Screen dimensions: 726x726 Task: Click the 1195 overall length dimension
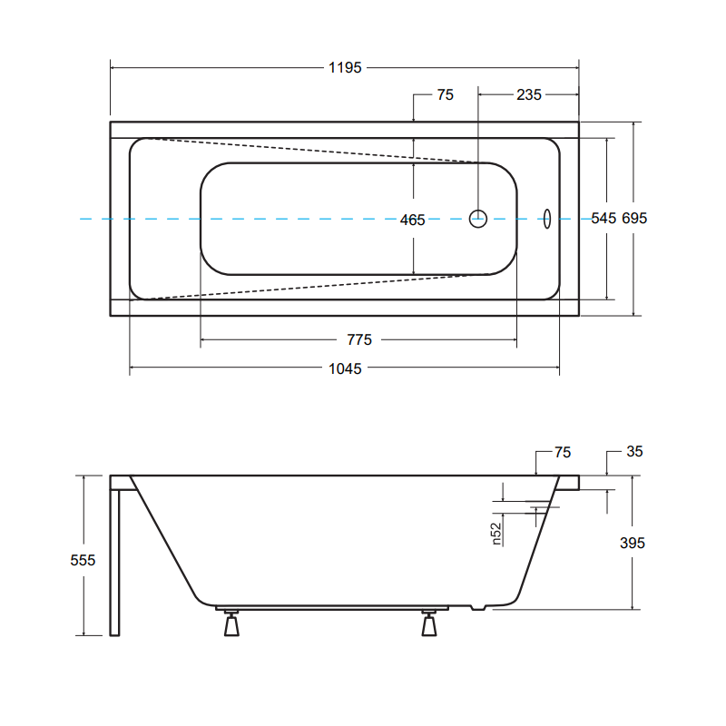click(345, 67)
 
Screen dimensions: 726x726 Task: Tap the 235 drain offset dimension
click(529, 94)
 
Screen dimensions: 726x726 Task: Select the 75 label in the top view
click(446, 94)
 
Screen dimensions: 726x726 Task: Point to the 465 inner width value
click(413, 220)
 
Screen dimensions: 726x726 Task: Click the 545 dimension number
click(603, 218)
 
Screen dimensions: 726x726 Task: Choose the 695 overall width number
click(634, 218)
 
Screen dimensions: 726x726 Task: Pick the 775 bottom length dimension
click(359, 339)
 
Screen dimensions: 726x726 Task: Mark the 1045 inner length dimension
click(345, 368)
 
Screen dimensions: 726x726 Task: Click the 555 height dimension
click(83, 560)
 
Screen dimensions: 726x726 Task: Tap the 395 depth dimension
click(633, 543)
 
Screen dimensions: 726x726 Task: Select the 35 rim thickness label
click(634, 451)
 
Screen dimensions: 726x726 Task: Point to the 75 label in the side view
click(563, 452)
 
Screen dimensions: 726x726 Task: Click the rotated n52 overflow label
click(495, 534)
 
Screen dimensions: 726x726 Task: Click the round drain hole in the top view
click(478, 219)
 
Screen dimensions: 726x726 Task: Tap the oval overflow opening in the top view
click(547, 219)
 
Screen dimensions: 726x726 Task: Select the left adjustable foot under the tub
click(231, 623)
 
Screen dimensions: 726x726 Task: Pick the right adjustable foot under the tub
click(429, 623)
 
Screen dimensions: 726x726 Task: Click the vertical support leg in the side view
click(115, 563)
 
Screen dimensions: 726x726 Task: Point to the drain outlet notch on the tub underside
click(478, 607)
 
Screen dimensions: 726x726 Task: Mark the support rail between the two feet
click(332, 608)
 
